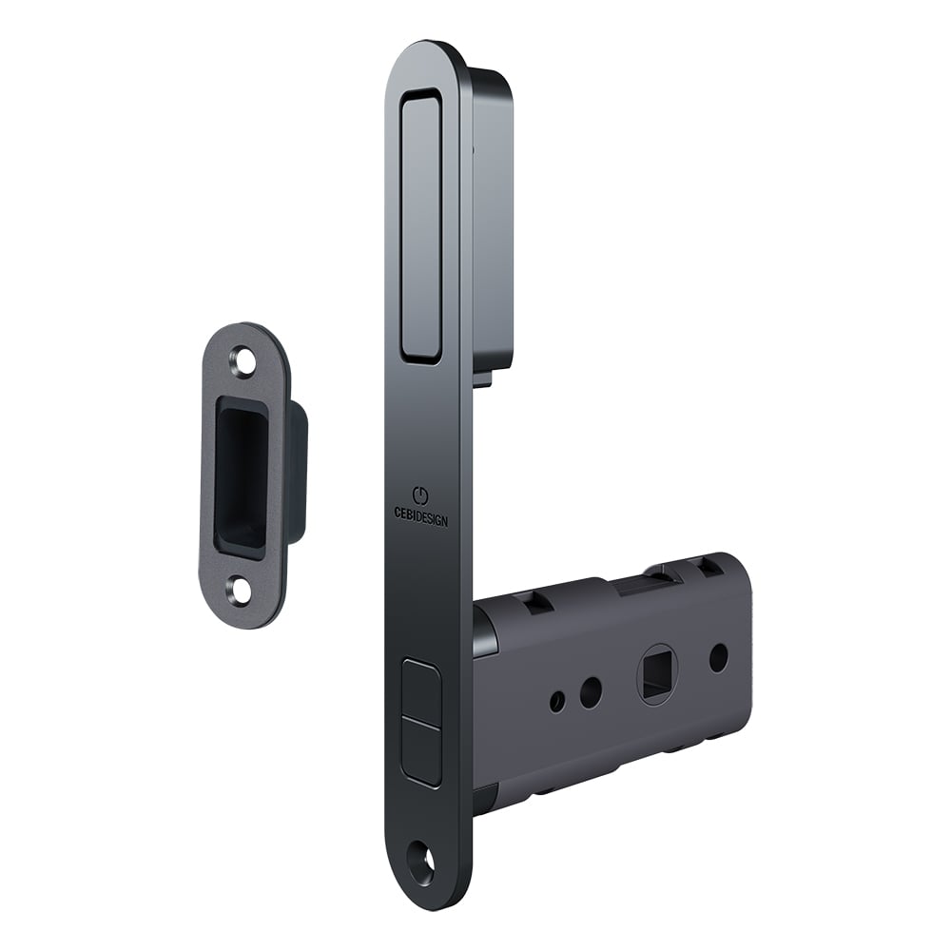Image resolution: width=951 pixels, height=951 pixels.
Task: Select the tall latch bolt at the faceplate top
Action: pyautogui.click(x=421, y=226)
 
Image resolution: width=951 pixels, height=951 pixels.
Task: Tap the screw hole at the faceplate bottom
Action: pyautogui.click(x=422, y=864)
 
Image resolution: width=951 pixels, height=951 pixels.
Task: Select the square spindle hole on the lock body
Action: pyautogui.click(x=656, y=672)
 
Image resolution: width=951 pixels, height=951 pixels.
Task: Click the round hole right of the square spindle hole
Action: pyautogui.click(x=719, y=657)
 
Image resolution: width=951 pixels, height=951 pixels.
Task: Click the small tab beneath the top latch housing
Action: pyautogui.click(x=482, y=378)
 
